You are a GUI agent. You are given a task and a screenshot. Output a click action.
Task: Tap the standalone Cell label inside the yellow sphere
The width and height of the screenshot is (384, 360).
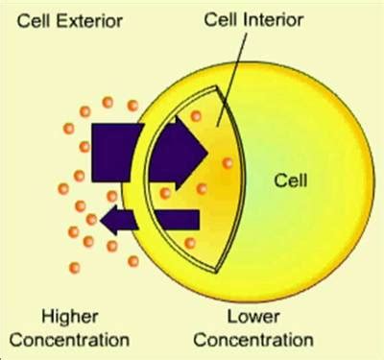coord(290,179)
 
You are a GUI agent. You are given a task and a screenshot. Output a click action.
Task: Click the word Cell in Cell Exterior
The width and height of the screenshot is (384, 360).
coord(32,20)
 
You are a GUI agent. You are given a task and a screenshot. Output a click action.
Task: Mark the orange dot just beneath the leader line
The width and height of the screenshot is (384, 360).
coord(197,116)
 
